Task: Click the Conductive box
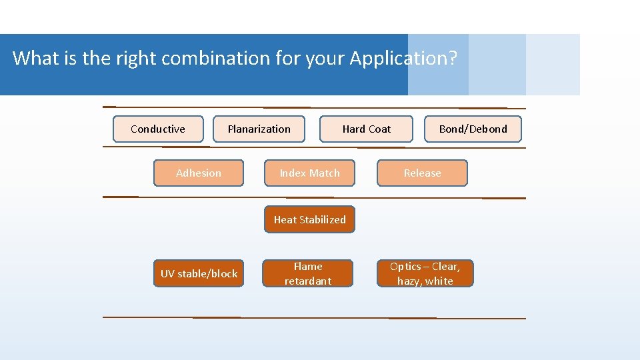(158, 129)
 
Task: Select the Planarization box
(259, 129)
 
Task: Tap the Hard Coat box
(366, 129)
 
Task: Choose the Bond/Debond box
(473, 129)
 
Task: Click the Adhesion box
(199, 173)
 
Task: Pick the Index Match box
(310, 173)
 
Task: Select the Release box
(422, 173)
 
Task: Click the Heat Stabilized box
(310, 220)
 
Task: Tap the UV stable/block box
(199, 273)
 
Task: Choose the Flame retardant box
(308, 273)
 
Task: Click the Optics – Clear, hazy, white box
(425, 273)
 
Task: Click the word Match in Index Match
(325, 173)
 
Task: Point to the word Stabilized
(323, 220)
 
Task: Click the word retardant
(308, 281)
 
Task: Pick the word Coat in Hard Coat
(380, 129)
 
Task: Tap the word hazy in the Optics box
(409, 281)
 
